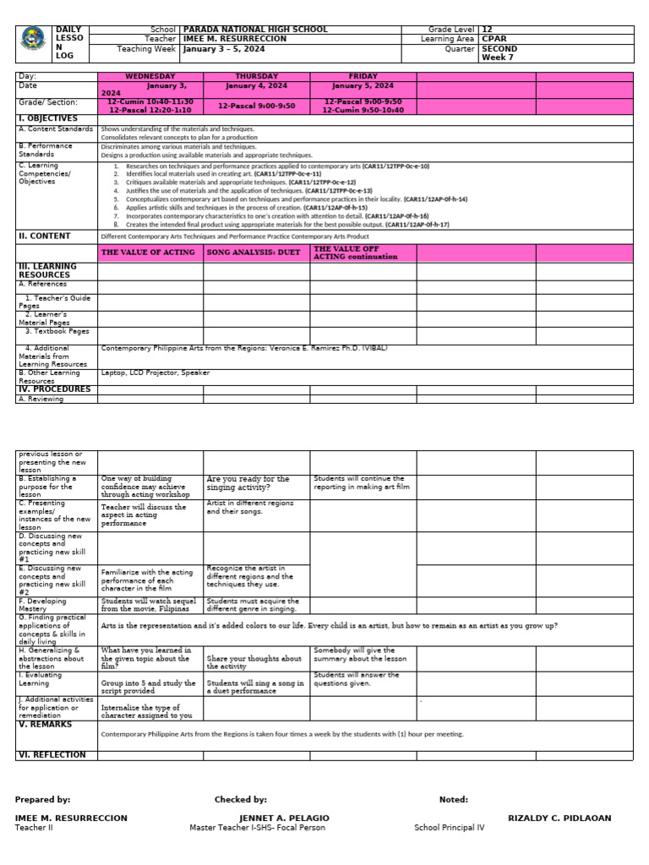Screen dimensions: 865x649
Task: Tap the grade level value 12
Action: tap(487, 30)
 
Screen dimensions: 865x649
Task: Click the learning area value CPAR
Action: tap(491, 39)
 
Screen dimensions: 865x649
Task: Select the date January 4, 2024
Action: tap(256, 86)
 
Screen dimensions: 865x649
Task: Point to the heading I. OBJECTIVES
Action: tap(47, 119)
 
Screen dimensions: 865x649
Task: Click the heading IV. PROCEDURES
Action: tap(54, 389)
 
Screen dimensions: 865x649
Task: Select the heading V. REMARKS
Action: tap(45, 725)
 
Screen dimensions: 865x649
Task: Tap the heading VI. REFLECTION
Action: tap(52, 755)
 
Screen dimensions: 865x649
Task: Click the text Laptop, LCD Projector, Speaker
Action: tap(155, 373)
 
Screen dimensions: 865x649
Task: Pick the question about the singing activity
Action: tap(248, 483)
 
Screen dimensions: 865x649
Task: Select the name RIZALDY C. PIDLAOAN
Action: tap(559, 819)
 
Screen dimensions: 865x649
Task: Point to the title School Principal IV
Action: tap(449, 828)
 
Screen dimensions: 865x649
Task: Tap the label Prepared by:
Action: tap(42, 799)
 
